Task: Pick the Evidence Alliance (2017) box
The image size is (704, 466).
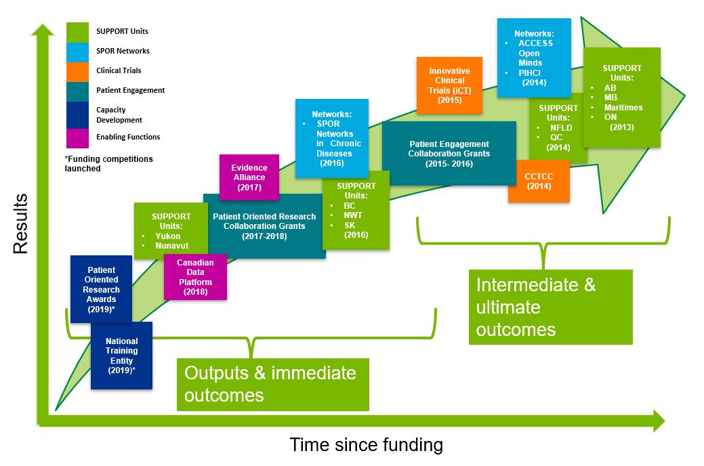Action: click(x=249, y=177)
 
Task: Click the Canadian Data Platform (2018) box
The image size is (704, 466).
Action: click(x=195, y=277)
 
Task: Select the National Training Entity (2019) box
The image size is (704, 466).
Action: click(x=121, y=356)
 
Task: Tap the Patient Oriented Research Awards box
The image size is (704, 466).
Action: click(x=101, y=289)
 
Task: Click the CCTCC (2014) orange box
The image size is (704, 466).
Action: click(x=539, y=181)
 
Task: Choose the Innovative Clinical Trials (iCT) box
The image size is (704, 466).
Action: click(x=449, y=85)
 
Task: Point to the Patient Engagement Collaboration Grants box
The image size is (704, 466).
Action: click(x=449, y=154)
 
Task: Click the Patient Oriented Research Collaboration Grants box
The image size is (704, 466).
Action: click(x=264, y=226)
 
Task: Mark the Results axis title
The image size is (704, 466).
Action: click(x=20, y=224)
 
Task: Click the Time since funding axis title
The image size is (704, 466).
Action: click(x=366, y=445)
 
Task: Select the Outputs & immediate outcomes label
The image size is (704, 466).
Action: click(x=272, y=383)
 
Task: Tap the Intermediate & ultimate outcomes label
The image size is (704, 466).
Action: click(x=550, y=307)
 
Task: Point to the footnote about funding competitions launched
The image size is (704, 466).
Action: click(x=109, y=164)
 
